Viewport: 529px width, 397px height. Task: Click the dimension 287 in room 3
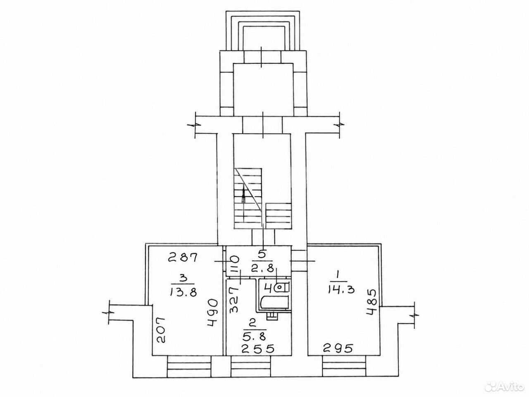coord(183,257)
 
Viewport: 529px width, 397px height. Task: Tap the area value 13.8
coord(183,292)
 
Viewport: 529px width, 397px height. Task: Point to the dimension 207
coord(160,330)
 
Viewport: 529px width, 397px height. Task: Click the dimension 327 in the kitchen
coord(234,299)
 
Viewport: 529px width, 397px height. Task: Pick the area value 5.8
coord(254,337)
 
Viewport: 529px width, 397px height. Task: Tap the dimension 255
coord(258,349)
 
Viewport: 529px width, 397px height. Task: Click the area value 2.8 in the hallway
coord(262,268)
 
